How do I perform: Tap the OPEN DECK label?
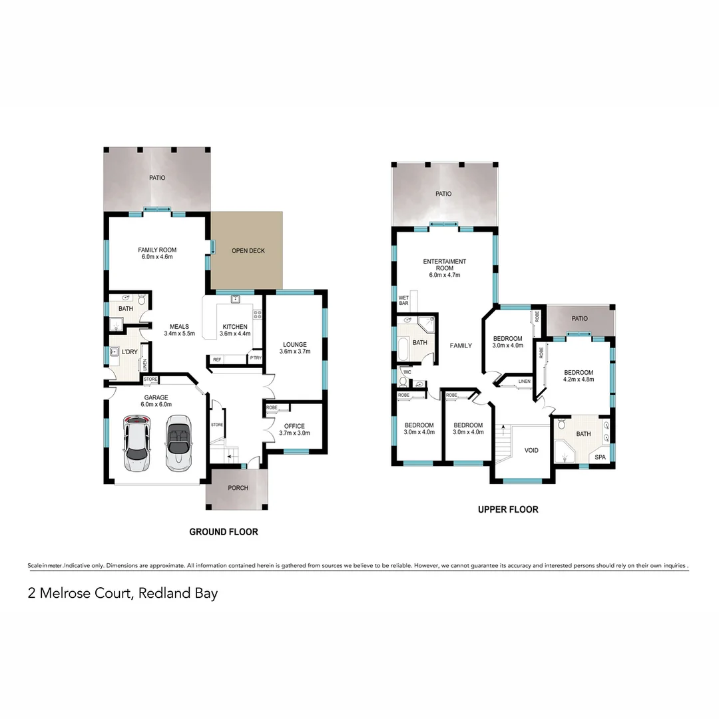(x=248, y=251)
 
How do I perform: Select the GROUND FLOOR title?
(x=223, y=532)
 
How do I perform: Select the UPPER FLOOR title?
(x=508, y=510)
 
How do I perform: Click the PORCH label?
(x=238, y=488)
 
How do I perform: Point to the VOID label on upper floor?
(x=531, y=451)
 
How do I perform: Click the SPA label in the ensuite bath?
(x=600, y=457)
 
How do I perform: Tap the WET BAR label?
(x=403, y=300)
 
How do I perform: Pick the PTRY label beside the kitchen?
(x=256, y=359)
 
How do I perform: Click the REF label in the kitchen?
(x=217, y=359)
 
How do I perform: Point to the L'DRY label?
(x=129, y=352)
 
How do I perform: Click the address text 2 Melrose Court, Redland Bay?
(x=122, y=593)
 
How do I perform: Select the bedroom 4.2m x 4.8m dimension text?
(x=579, y=379)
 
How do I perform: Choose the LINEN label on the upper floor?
(x=525, y=381)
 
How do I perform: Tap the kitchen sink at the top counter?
(x=235, y=300)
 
